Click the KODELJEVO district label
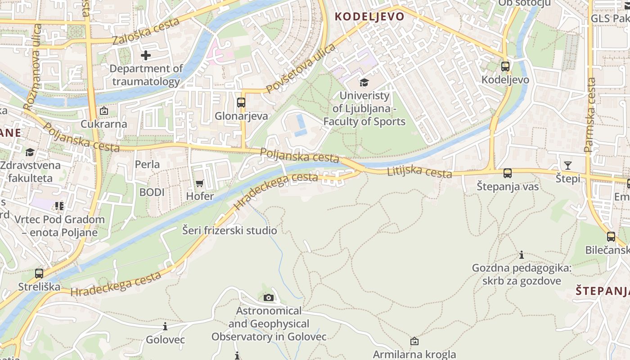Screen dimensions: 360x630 point(369,17)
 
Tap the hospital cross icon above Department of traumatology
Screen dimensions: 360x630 point(146,56)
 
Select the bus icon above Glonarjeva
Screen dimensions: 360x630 point(241,103)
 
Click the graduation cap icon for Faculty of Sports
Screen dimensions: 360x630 point(364,82)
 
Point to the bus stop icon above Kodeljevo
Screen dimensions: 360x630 point(505,67)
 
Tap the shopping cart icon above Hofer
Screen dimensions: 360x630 point(200,183)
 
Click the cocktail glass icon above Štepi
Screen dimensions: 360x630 point(568,166)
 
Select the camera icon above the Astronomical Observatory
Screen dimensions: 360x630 point(269,297)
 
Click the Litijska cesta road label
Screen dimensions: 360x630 point(419,171)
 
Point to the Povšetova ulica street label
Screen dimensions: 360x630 point(301,68)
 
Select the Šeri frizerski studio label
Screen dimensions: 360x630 point(229,231)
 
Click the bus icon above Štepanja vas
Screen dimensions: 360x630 point(508,173)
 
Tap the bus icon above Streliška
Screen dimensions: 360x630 point(39,273)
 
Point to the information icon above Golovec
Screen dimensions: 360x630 point(165,326)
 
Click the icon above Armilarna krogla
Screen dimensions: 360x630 point(414,342)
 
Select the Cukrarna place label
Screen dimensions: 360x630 point(104,124)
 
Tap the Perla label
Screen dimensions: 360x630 point(148,164)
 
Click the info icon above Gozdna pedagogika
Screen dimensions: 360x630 point(522,255)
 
